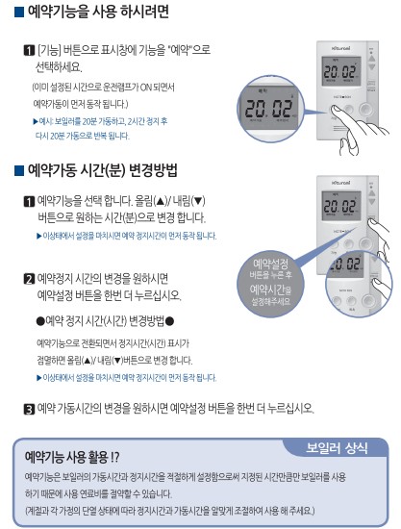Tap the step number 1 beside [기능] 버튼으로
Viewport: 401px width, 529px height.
click(29, 48)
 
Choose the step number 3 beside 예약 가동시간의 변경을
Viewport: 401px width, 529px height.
click(29, 408)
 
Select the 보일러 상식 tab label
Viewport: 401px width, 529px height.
click(338, 447)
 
